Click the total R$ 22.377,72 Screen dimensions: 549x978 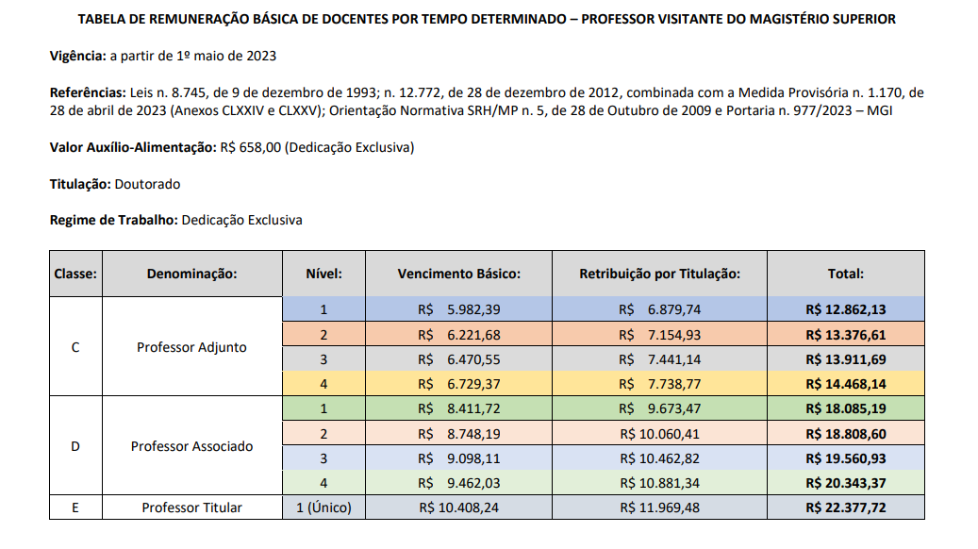click(845, 507)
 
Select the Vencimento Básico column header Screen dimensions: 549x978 click(458, 274)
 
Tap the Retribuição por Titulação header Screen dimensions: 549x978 click(659, 274)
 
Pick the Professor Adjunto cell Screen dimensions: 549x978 click(191, 347)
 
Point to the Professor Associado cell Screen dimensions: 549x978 click(191, 446)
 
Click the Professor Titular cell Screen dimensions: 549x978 click(191, 507)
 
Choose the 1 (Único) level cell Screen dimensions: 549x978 click(323, 507)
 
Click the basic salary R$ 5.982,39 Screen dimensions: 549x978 click(458, 309)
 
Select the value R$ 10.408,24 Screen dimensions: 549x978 click(458, 507)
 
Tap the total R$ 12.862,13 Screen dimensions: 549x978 click(845, 309)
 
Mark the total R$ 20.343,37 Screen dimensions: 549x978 click(845, 483)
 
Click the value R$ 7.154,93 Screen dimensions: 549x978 click(659, 334)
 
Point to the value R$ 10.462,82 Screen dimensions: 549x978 click(659, 458)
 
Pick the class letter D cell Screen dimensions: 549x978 click(75, 446)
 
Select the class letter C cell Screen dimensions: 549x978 click(75, 347)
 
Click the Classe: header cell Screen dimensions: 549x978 click(75, 274)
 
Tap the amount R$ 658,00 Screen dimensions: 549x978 click(249, 147)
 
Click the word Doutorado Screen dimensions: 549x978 click(147, 184)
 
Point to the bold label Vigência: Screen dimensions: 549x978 click(77, 57)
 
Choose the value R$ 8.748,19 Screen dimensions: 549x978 click(458, 434)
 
